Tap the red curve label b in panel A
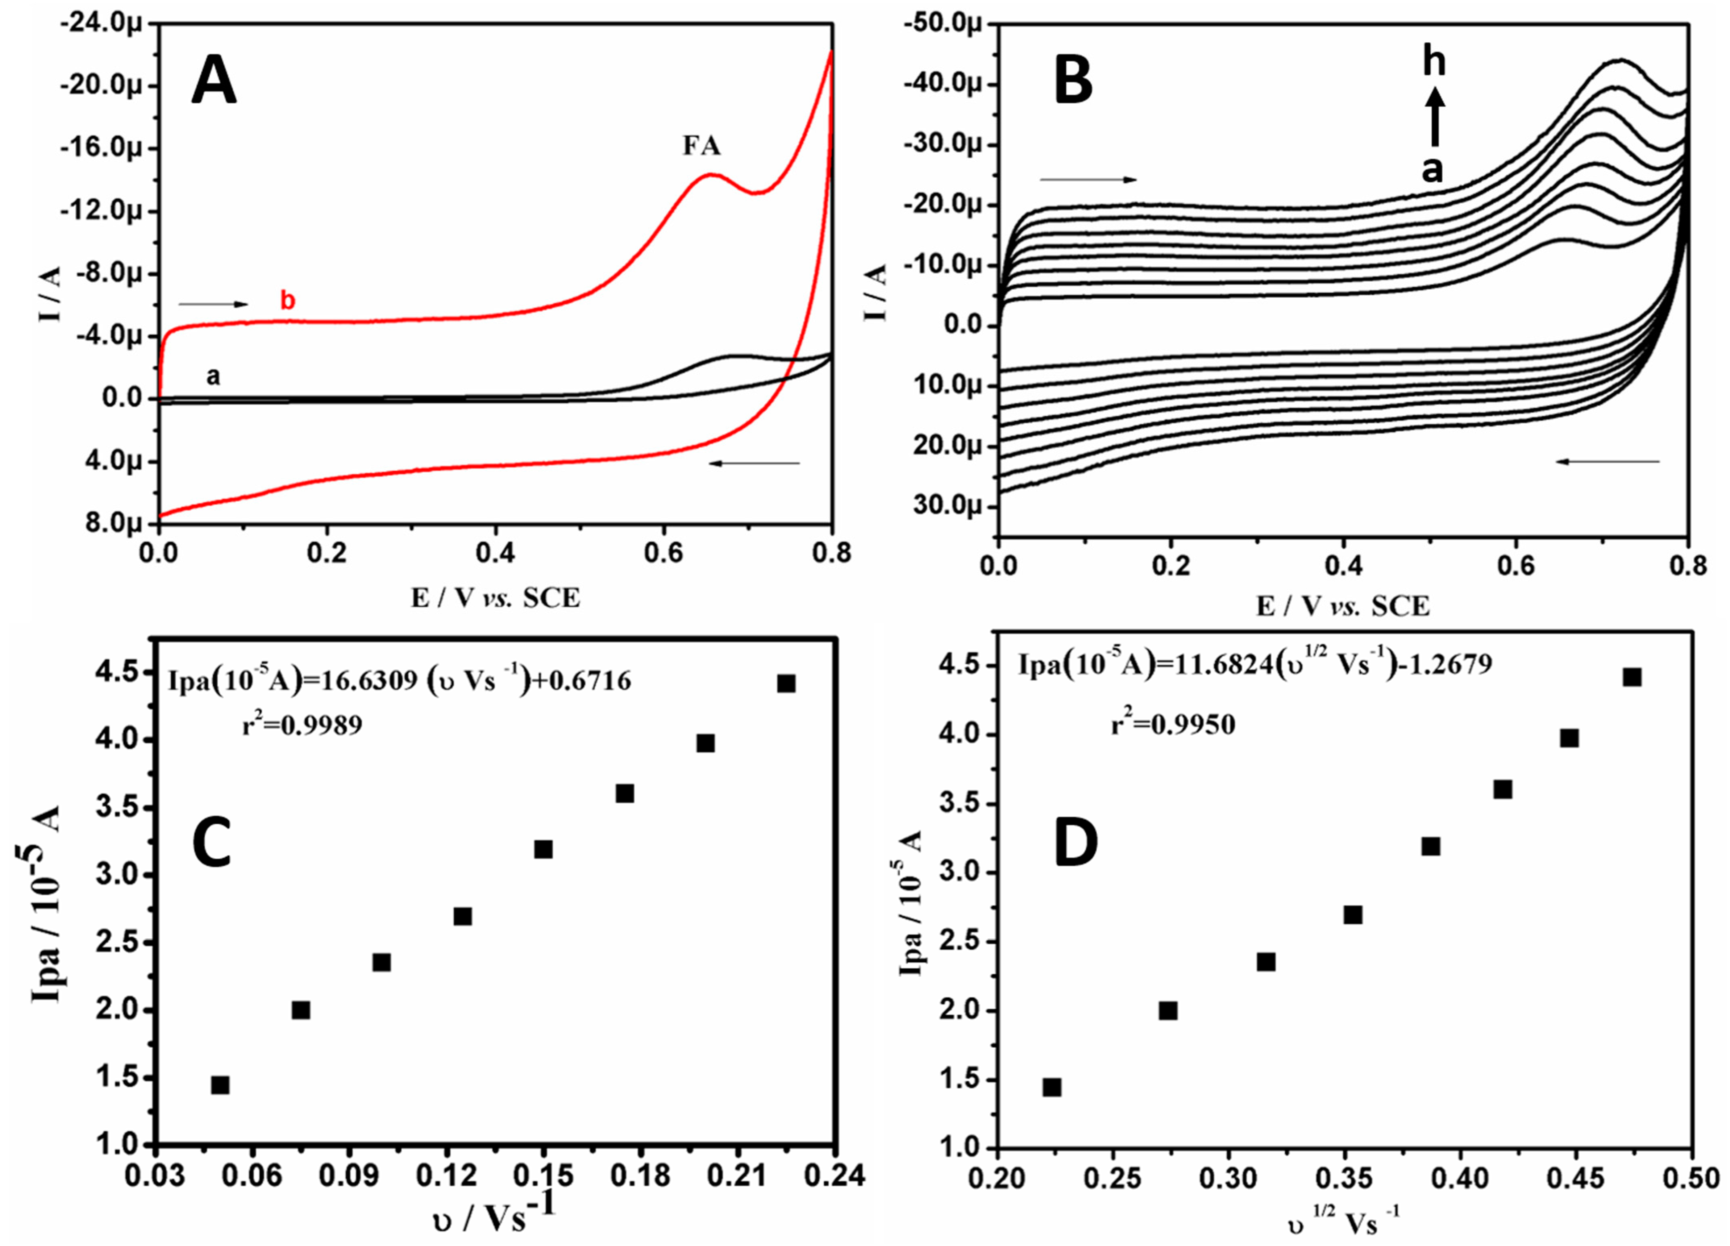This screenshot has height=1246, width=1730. click(287, 301)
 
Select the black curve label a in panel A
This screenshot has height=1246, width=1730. click(214, 376)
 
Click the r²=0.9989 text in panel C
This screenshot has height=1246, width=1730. click(302, 726)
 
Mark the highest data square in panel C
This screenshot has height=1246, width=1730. click(786, 683)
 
